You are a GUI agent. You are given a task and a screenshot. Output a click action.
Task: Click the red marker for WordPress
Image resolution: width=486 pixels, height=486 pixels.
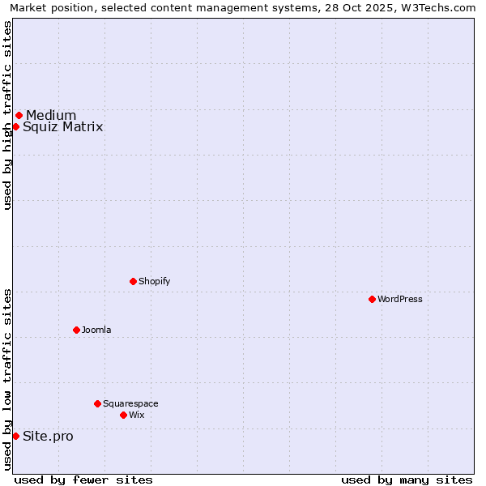(372, 299)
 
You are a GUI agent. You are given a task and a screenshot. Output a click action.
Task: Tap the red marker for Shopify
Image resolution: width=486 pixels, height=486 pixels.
(133, 281)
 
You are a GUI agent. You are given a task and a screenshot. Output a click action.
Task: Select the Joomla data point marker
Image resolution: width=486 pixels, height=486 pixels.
(76, 330)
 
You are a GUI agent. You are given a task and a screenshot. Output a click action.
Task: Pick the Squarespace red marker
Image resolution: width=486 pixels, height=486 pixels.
(97, 403)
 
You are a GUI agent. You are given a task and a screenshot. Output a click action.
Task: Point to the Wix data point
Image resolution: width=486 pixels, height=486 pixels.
(123, 415)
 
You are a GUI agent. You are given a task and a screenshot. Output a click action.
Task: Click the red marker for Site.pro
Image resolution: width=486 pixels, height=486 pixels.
(15, 436)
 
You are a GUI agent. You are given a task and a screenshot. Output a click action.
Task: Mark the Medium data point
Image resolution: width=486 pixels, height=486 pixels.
(19, 115)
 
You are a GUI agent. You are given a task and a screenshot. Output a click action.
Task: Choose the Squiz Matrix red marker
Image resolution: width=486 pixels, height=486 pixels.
(15, 126)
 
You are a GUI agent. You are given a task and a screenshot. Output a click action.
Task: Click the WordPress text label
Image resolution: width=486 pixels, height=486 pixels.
(400, 299)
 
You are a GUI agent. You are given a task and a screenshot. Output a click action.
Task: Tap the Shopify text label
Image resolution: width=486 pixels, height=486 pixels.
(155, 281)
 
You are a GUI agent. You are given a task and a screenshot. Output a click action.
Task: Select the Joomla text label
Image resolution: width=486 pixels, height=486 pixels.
(96, 330)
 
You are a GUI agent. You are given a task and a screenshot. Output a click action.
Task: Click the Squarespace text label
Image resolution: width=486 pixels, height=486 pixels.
(130, 403)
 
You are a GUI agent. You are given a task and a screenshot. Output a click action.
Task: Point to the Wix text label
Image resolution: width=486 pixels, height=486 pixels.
(137, 415)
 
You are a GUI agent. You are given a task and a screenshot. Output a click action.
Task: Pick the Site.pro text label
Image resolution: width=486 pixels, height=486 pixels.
(48, 437)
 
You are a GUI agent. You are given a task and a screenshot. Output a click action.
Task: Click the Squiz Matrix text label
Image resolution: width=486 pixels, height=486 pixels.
(63, 127)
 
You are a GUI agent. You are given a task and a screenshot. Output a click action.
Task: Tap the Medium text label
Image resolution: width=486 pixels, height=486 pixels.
(51, 115)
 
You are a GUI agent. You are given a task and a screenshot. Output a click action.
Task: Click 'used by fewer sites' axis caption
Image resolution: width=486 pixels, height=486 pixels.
(83, 480)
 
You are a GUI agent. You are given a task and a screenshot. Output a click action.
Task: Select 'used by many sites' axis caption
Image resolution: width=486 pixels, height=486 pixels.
(407, 480)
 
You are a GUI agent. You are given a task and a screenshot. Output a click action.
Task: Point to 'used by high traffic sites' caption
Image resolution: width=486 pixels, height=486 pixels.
(7, 115)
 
